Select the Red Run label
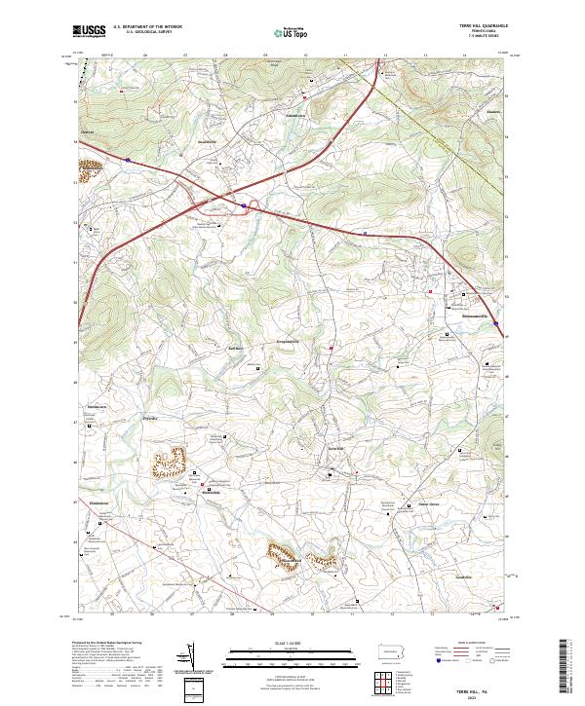click(235, 347)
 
